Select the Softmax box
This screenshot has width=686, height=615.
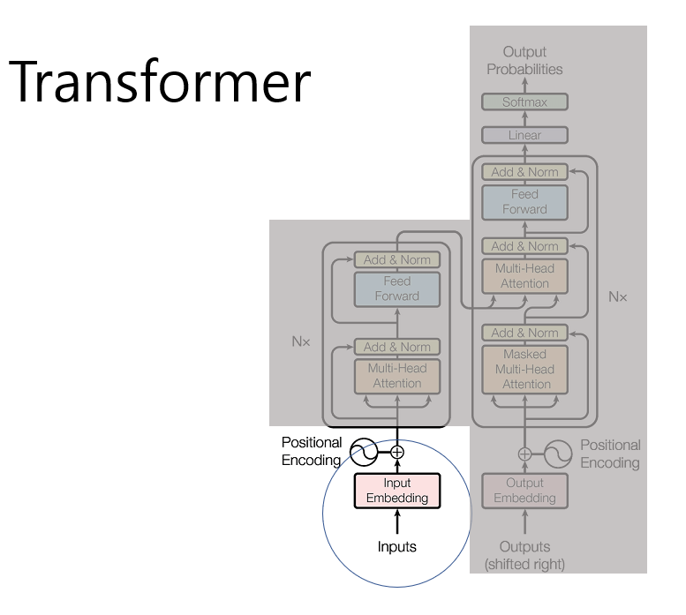point(524,102)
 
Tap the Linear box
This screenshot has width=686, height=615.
point(524,135)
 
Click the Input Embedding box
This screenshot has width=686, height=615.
point(396,490)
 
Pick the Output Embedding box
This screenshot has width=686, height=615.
point(524,491)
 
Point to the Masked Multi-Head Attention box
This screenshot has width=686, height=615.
point(525,369)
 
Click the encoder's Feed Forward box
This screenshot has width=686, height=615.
point(396,289)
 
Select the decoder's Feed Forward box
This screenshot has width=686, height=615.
point(524,202)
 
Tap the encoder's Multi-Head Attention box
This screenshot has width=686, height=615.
point(396,376)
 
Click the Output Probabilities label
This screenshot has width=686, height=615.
point(524,60)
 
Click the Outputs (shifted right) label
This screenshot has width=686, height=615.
point(524,555)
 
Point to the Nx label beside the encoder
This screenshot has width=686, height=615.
point(301,339)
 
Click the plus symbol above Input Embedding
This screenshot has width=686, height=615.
point(397,452)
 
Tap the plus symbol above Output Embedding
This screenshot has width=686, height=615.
point(525,453)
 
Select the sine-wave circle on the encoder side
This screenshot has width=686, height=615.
point(364,453)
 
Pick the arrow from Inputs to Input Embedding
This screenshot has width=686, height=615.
point(396,521)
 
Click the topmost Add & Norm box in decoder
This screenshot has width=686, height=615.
point(524,172)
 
